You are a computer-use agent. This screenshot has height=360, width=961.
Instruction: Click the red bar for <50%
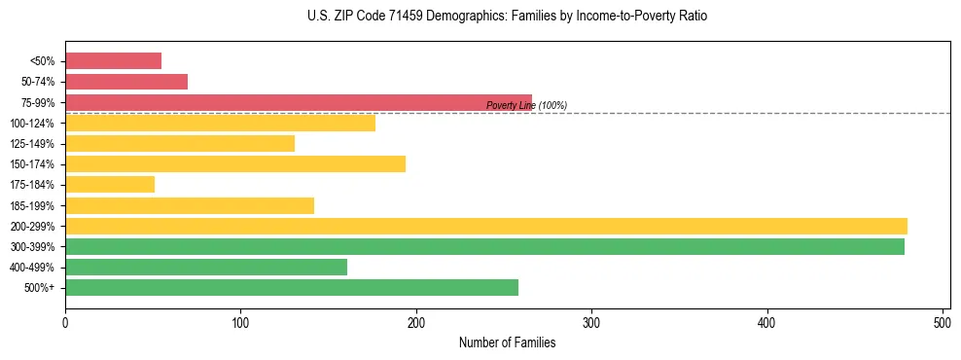pyautogui.click(x=113, y=61)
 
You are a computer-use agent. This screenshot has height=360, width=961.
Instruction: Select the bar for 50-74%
pyautogui.click(x=126, y=82)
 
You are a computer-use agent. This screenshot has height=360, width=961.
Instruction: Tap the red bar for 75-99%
pyautogui.click(x=298, y=102)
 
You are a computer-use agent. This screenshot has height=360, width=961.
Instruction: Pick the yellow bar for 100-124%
pyautogui.click(x=220, y=123)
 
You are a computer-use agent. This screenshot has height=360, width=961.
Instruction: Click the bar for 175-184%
pyautogui.click(x=110, y=185)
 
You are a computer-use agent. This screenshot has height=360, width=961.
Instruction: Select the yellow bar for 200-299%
pyautogui.click(x=485, y=226)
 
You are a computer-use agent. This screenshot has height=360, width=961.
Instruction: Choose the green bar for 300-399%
pyautogui.click(x=484, y=246)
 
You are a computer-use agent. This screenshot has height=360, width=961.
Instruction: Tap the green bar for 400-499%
pyautogui.click(x=206, y=267)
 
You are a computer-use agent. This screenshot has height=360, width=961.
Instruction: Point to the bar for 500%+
pyautogui.click(x=292, y=287)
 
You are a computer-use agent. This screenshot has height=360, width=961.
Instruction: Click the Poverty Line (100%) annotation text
pyautogui.click(x=526, y=105)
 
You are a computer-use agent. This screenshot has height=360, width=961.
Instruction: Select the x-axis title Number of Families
pyautogui.click(x=507, y=342)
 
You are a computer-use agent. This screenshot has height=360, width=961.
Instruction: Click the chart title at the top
pyautogui.click(x=508, y=17)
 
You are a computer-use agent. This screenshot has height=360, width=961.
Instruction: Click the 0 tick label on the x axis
pyautogui.click(x=65, y=320)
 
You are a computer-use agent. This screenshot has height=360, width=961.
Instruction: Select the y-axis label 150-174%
pyautogui.click(x=32, y=164)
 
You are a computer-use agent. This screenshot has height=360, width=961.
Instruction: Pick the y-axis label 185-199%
pyautogui.click(x=32, y=205)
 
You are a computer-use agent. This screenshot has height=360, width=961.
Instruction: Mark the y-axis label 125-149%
pyautogui.click(x=32, y=144)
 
